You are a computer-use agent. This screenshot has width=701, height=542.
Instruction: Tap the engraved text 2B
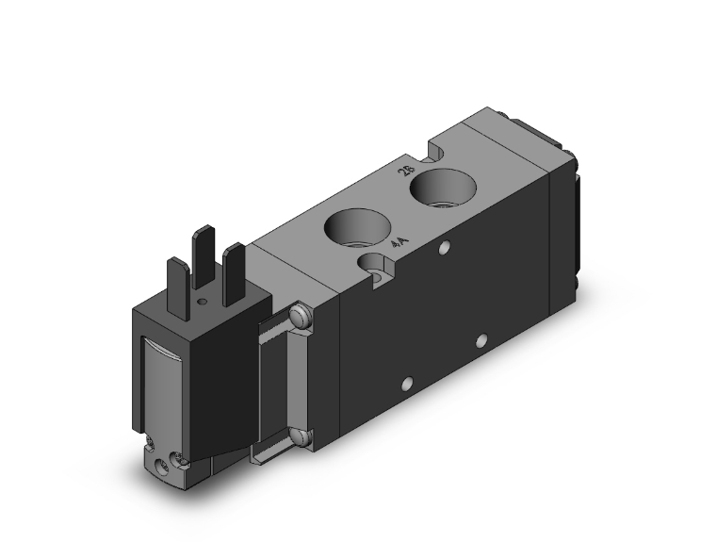[408, 171]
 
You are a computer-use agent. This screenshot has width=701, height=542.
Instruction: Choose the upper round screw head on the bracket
[300, 318]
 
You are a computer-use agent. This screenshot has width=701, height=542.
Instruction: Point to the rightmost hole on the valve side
[481, 338]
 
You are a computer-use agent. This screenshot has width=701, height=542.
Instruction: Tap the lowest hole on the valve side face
[407, 384]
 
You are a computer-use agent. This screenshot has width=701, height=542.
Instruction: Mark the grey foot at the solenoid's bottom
[165, 459]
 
